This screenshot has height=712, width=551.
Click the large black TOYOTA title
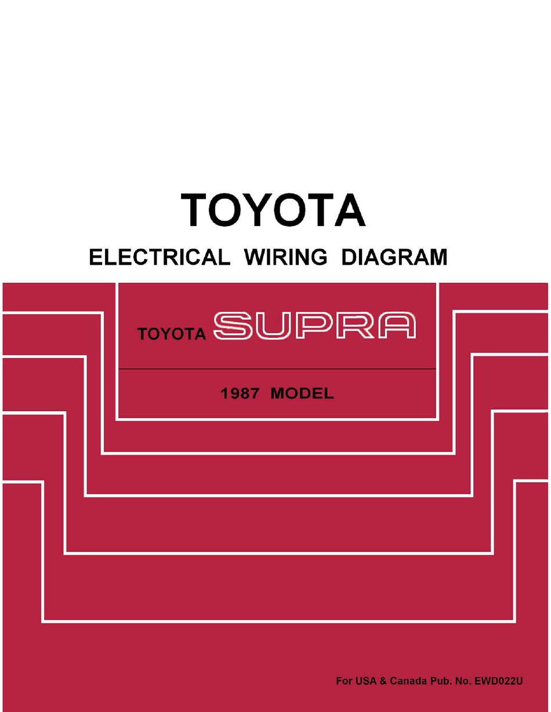[273, 210]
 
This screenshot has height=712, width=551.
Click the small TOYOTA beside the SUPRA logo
[172, 334]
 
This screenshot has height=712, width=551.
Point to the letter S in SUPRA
[233, 326]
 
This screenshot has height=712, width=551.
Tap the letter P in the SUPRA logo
[314, 326]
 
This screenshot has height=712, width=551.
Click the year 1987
[240, 393]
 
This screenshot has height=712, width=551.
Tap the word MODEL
[302, 393]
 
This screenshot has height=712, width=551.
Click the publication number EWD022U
[499, 681]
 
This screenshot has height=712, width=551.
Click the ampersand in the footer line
[383, 681]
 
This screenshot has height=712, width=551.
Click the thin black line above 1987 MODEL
[277, 369]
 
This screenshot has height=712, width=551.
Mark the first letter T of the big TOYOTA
[195, 210]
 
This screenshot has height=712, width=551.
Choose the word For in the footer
[343, 681]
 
